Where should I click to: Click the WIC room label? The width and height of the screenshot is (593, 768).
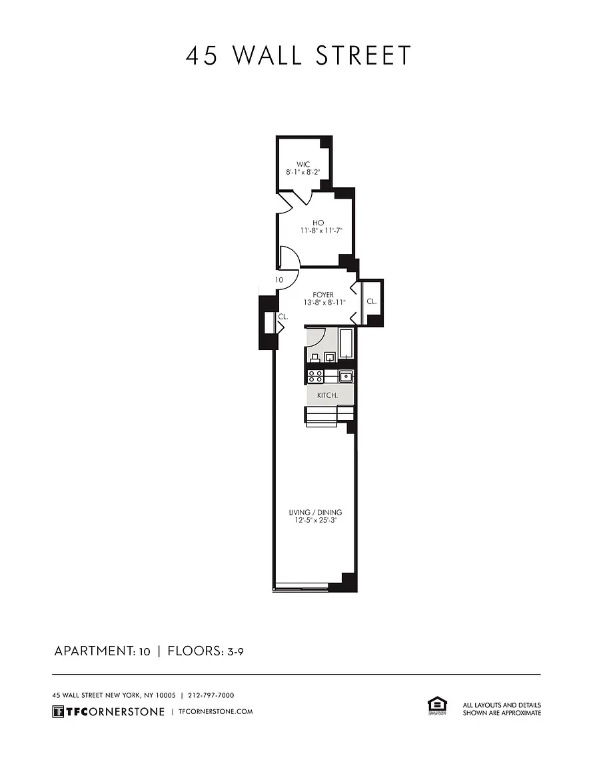303,165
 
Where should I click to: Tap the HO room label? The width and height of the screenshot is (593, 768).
318,223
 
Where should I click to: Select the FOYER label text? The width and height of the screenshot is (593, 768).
323,295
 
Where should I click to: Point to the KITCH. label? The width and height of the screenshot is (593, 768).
328,395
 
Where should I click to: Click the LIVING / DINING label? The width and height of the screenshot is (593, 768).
315,512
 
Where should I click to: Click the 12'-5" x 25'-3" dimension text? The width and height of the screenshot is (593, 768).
315,520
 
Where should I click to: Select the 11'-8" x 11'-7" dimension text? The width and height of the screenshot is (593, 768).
321,230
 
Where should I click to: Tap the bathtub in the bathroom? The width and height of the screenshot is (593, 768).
346,345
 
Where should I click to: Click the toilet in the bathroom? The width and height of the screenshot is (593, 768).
314,358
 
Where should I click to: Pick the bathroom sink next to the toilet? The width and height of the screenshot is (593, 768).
330,357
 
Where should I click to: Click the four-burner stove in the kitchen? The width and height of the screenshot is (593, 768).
315,377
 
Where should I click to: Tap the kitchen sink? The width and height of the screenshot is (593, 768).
346,377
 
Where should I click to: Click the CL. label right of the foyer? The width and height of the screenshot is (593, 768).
372,302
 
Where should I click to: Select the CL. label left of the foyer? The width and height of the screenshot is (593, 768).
283,317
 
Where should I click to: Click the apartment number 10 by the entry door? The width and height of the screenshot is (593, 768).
279,280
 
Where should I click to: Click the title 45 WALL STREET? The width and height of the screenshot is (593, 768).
298,55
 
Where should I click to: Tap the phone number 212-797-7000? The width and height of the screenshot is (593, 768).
211,695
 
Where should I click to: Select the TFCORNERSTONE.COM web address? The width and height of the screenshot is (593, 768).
216,712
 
